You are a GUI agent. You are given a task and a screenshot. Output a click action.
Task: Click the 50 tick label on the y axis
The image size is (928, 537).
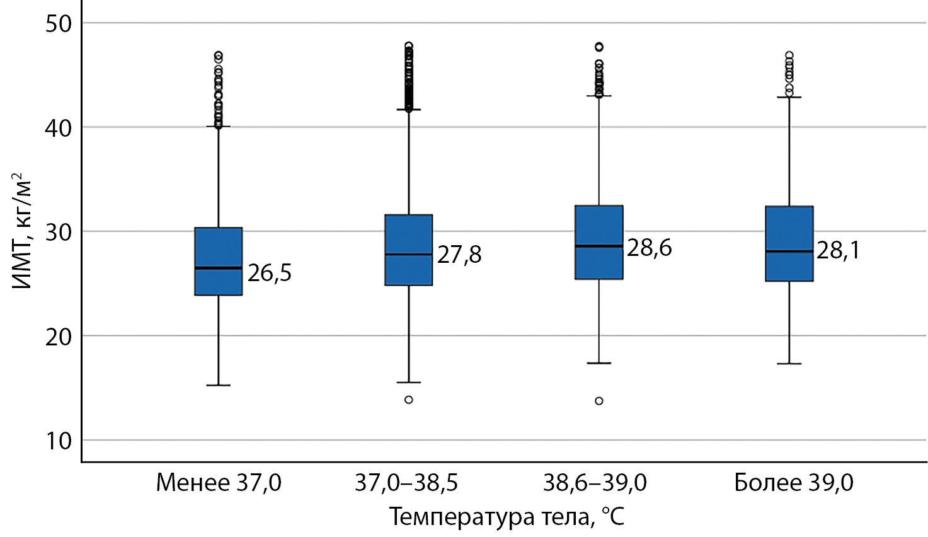click(59, 24)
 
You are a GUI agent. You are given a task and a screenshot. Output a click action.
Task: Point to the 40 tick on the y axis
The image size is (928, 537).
click(59, 128)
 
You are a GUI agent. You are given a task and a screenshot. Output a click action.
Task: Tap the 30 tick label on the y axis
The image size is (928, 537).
click(59, 233)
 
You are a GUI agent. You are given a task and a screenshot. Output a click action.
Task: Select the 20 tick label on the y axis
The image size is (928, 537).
click(59, 337)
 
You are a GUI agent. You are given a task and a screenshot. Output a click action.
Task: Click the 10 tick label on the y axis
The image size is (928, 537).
click(59, 441)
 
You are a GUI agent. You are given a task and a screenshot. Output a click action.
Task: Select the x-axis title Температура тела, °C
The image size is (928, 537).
click(507, 517)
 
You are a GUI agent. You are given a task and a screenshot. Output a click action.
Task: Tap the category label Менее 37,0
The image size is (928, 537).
click(218, 483)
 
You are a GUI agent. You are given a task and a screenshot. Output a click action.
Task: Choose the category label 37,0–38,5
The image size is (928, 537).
click(406, 483)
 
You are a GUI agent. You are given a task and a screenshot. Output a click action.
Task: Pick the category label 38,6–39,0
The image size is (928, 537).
click(595, 483)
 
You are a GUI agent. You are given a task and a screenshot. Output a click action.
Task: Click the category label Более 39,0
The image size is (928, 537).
click(794, 483)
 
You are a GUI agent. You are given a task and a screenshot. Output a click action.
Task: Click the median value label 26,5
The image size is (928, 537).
click(269, 273)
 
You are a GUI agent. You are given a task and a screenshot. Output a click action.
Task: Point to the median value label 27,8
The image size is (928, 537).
click(459, 255)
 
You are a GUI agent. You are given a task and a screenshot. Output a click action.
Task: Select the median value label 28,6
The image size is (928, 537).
click(649, 248)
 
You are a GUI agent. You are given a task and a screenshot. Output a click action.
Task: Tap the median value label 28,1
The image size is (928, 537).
click(838, 250)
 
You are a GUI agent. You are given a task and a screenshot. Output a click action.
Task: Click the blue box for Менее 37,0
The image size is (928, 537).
click(218, 261)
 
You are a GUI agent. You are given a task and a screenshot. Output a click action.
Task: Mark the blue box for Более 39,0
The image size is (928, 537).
click(789, 243)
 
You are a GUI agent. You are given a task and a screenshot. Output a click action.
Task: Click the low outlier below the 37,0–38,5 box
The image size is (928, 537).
click(408, 400)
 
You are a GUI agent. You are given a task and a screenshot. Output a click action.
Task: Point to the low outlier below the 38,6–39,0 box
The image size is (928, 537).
click(599, 401)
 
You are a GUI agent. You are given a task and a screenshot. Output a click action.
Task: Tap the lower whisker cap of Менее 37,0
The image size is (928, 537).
click(218, 385)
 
